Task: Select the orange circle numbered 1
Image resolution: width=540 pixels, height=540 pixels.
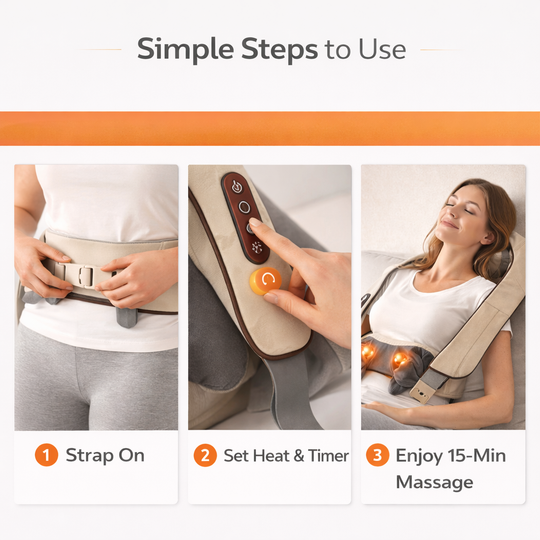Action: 46,456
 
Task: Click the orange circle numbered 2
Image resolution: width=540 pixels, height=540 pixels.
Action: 205,456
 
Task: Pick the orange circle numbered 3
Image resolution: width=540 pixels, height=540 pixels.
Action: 377,456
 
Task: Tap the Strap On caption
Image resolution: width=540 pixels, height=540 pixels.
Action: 105,456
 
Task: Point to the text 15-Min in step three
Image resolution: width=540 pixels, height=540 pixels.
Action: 477,456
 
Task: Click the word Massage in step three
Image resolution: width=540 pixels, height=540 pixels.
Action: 433,483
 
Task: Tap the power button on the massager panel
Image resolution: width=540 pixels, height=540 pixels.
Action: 236,186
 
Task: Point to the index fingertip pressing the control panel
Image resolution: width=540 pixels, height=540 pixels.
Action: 256,227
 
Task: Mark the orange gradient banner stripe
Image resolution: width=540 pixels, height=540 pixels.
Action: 270,128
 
